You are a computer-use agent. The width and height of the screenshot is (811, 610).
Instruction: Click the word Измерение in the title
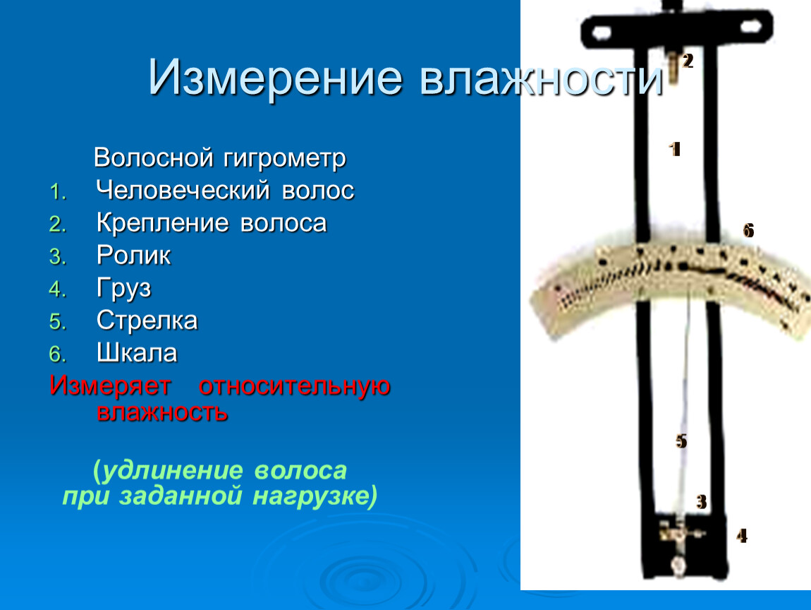[x=275, y=78]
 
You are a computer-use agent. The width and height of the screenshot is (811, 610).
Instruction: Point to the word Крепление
[x=162, y=224]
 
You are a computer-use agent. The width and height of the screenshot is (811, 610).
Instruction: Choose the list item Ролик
[x=133, y=256]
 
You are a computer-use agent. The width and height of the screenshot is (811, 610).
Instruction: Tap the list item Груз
[x=123, y=289]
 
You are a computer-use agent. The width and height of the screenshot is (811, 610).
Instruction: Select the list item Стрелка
[x=147, y=321]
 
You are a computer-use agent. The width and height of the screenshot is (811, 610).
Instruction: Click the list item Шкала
[x=137, y=353]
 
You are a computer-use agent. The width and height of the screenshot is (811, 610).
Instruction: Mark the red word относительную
[x=294, y=386]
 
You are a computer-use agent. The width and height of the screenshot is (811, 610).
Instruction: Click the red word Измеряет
[x=110, y=386]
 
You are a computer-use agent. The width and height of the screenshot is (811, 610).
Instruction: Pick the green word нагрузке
[x=315, y=496]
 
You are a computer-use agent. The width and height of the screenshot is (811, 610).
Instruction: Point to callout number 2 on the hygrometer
[x=688, y=61]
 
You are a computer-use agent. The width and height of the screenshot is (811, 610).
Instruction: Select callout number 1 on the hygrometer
[x=674, y=150]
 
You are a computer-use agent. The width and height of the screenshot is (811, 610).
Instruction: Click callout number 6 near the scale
[x=748, y=230]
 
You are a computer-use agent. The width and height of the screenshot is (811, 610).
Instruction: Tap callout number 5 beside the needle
[x=681, y=441]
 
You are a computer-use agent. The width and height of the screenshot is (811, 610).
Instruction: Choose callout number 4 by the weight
[x=742, y=535]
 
